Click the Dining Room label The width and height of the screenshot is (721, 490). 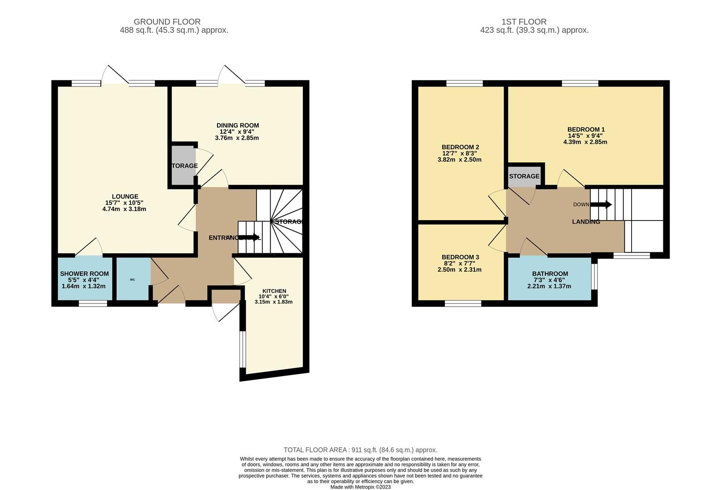237,126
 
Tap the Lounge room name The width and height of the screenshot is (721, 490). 125,196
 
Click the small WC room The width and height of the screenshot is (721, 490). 133,279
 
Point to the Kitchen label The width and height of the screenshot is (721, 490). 274,291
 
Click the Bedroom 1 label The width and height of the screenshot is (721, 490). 586,129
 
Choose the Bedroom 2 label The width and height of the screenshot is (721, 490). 460,147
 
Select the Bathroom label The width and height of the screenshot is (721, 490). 550,274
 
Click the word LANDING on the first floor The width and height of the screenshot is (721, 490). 586,222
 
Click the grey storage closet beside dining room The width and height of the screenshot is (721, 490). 183,166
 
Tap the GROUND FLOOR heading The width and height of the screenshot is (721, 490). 167,22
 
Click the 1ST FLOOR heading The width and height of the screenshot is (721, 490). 524,22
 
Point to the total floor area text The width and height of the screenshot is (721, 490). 360,450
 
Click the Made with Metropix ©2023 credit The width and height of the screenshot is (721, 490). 360,487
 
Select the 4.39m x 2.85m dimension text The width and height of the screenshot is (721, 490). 585,142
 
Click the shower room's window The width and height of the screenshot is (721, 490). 93,304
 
